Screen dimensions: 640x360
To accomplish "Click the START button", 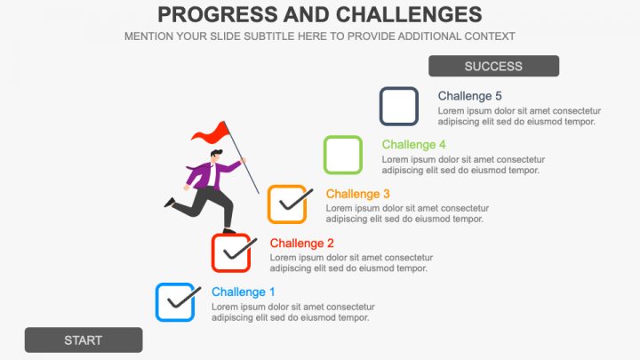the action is tap(84, 340).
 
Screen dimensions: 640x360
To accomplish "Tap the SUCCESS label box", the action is tap(493, 66).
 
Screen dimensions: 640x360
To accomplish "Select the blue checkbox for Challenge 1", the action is tap(157, 302).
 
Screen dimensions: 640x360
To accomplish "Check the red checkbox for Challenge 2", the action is tap(214, 253).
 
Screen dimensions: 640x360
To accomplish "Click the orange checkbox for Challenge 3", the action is tap(270, 204).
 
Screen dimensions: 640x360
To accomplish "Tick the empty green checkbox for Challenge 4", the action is tap(325, 155).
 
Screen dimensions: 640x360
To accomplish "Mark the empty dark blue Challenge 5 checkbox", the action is tap(381, 106).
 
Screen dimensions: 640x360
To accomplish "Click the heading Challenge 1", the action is tap(244, 292).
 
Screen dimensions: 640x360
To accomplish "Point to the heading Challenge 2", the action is tap(301, 243).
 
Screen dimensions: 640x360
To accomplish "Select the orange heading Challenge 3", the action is tap(357, 194).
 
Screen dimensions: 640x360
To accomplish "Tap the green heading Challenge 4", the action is tap(413, 145).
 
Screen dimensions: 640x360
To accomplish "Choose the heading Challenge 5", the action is tap(469, 96).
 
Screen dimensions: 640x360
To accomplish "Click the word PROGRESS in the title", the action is tap(217, 15).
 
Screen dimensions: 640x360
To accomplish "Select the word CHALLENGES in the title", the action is tap(409, 15).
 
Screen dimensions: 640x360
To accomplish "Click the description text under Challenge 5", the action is tap(519, 116).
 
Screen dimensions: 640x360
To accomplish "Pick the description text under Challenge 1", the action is tap(293, 312).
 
